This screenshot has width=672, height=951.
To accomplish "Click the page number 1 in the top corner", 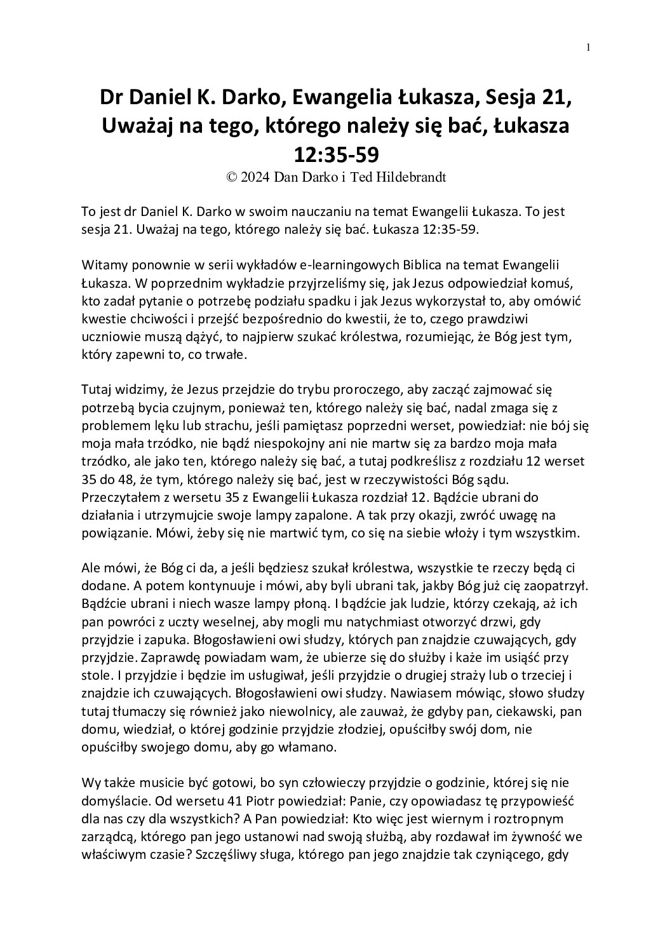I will [x=589, y=47].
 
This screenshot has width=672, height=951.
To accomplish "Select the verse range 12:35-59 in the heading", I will [x=336, y=154].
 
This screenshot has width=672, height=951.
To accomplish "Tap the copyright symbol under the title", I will [x=232, y=178].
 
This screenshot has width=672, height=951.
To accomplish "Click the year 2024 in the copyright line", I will [x=255, y=178].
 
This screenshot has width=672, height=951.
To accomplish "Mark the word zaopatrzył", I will [x=560, y=585].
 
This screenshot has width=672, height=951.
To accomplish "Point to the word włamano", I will [x=309, y=748].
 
